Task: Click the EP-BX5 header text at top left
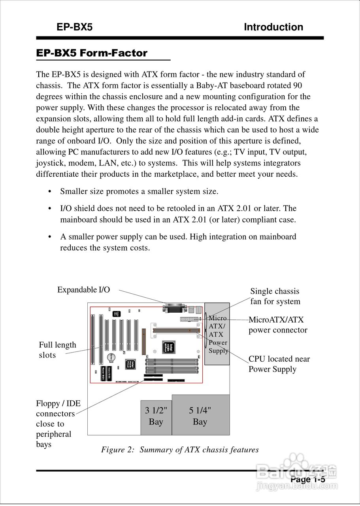[x=74, y=27]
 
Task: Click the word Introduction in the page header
[x=273, y=27]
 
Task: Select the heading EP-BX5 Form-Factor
[x=92, y=53]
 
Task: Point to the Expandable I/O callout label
[x=83, y=290]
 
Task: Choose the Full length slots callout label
[x=57, y=350]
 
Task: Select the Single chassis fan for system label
[x=275, y=296]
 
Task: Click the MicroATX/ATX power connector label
[x=278, y=325]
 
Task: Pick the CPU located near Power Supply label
[x=279, y=364]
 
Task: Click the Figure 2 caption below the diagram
[x=180, y=450]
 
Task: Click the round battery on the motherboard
[x=112, y=357]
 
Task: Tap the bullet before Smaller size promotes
[x=50, y=192]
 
